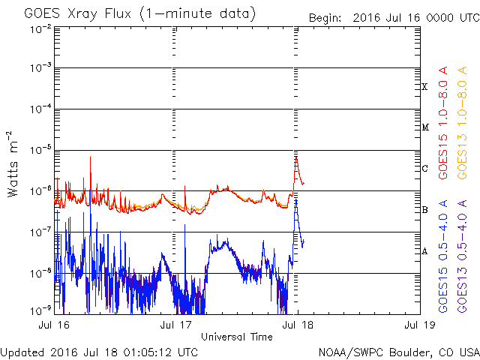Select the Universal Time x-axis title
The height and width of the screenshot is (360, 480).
coord(236,337)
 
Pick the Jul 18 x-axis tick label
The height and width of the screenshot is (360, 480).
coord(293,326)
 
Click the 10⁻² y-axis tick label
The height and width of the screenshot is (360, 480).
coord(40,28)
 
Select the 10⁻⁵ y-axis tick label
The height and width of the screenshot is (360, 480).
coord(40,150)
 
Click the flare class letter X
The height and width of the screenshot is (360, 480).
coord(424,87)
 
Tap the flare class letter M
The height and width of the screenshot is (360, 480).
coord(425,127)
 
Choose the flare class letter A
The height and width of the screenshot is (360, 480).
coord(424,251)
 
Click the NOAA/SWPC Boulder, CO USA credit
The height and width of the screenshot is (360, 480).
coord(397,352)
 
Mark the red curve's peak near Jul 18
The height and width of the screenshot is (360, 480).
coord(296,157)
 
